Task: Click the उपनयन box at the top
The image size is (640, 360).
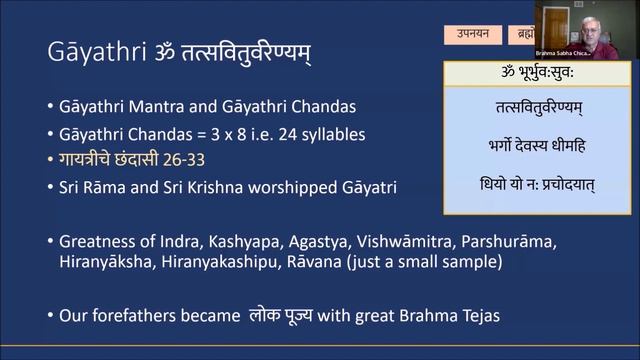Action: point(473,35)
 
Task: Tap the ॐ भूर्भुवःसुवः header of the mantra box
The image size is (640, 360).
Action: point(526,73)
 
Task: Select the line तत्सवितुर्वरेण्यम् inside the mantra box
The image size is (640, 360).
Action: point(526,107)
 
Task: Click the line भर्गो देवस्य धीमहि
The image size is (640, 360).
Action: point(526,146)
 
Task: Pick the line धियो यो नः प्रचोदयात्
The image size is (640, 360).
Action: point(526,185)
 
